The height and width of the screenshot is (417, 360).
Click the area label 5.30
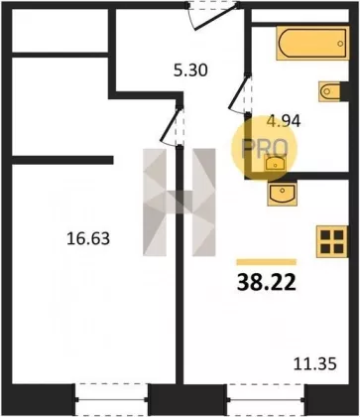(x=190, y=70)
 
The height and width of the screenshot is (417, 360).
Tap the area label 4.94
(x=284, y=121)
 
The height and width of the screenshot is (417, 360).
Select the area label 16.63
(x=88, y=238)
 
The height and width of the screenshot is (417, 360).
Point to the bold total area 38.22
(x=266, y=283)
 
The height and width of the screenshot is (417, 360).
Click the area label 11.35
(x=315, y=364)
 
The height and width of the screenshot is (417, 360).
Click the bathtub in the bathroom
(x=312, y=43)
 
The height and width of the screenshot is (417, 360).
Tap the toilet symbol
(x=330, y=91)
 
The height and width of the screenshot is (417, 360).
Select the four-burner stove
(x=332, y=241)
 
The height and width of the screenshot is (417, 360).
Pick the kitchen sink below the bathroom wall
(x=282, y=194)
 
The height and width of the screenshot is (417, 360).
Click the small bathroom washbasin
(x=275, y=164)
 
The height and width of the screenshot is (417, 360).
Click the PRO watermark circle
(x=264, y=148)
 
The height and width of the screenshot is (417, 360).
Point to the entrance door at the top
(x=213, y=16)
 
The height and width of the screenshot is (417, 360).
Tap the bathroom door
(x=240, y=95)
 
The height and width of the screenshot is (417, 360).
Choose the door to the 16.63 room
(x=172, y=126)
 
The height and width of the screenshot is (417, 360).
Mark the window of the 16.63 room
(x=111, y=399)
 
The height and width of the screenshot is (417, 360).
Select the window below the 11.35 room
(x=266, y=399)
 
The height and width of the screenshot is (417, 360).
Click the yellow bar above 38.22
(x=266, y=262)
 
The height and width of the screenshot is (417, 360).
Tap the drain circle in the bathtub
(x=340, y=44)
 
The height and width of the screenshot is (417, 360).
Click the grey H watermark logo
(x=180, y=203)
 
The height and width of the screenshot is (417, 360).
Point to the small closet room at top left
(x=60, y=30)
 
